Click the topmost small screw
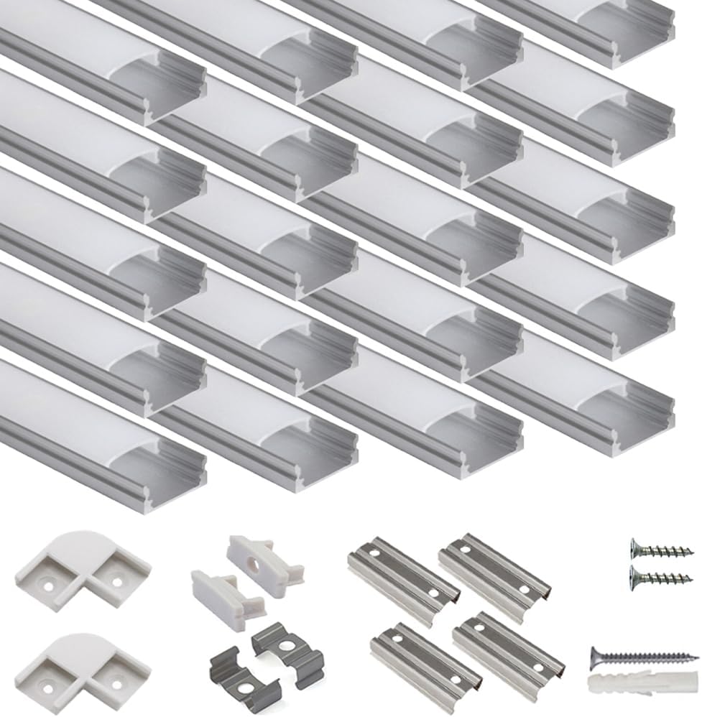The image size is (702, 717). click(661, 550)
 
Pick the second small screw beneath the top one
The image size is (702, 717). click(661, 575)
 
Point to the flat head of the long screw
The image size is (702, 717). click(596, 654)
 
